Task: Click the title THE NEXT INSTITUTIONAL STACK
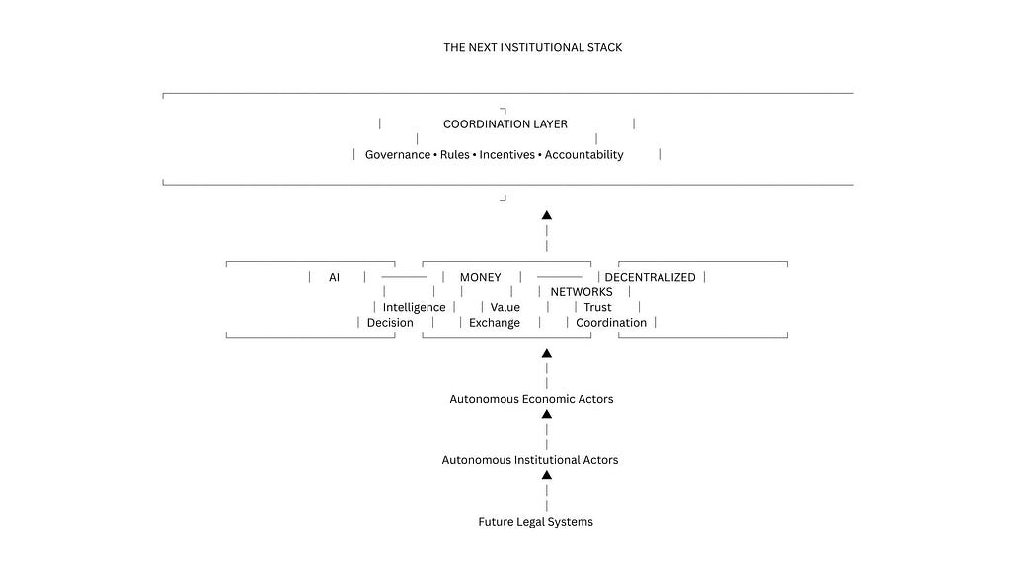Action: (532, 47)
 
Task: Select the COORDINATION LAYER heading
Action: (505, 123)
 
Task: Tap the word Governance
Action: (398, 155)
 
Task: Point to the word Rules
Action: (454, 155)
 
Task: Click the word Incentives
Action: (506, 155)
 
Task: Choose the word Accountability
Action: (584, 155)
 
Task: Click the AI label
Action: (334, 277)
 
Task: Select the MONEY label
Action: (481, 277)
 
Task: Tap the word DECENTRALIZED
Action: (650, 277)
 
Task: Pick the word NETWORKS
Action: (582, 292)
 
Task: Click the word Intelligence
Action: (414, 308)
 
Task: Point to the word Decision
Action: (390, 323)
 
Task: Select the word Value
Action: (505, 308)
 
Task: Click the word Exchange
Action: (495, 323)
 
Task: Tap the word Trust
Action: (597, 308)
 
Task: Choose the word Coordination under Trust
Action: (611, 323)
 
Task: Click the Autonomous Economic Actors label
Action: (531, 399)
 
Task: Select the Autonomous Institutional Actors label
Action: (530, 460)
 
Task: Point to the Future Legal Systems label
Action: (536, 522)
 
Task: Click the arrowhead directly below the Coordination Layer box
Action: (547, 215)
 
